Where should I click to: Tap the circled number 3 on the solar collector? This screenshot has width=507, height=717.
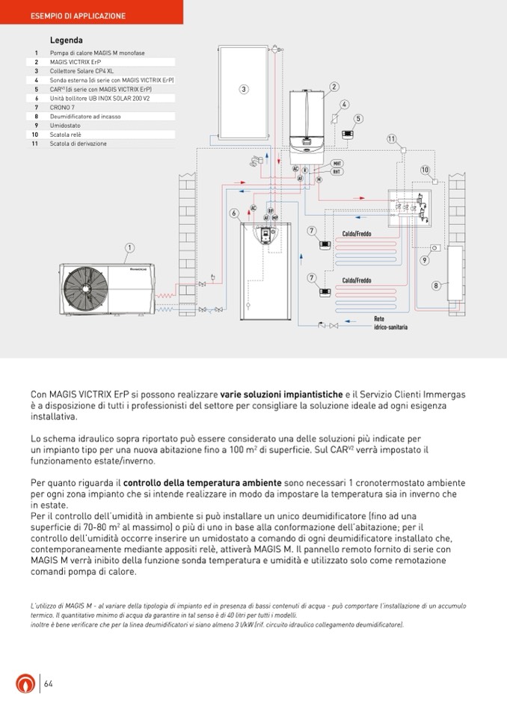(244, 90)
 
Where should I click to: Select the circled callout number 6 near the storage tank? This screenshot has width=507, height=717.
(234, 213)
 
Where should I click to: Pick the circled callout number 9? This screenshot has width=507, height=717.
(424, 259)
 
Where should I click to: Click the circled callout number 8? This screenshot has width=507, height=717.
(435, 286)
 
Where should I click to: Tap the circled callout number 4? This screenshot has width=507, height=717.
(344, 104)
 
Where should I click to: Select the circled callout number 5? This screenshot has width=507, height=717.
(358, 118)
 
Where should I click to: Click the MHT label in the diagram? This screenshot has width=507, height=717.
(337, 163)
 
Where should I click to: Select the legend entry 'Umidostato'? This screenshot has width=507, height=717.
(65, 126)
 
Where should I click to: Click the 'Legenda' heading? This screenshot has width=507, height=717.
(66, 40)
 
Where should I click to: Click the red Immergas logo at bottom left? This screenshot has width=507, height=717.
(25, 683)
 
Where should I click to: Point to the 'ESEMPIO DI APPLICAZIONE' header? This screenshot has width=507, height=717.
(78, 16)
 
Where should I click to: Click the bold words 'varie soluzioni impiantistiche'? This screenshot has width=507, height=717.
(281, 394)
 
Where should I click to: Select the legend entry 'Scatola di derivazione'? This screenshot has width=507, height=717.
(79, 144)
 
